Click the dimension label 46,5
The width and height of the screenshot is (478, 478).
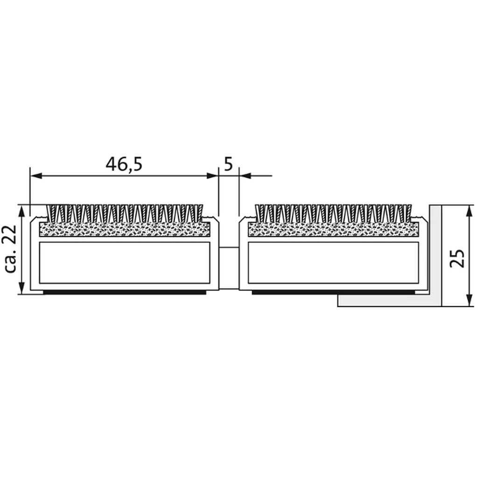point(124,164)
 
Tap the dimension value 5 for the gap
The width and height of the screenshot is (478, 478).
point(228,164)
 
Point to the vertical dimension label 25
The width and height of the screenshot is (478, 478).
point(457,259)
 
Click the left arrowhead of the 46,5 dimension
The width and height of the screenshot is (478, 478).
point(36,176)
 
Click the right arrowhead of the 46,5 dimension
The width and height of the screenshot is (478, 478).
point(212,176)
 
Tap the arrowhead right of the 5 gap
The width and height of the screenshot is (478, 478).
point(245,176)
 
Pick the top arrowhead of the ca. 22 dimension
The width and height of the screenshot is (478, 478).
point(21,211)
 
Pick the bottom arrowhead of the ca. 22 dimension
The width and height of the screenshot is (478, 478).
point(21,288)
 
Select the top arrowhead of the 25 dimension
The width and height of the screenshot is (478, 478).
point(470,211)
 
